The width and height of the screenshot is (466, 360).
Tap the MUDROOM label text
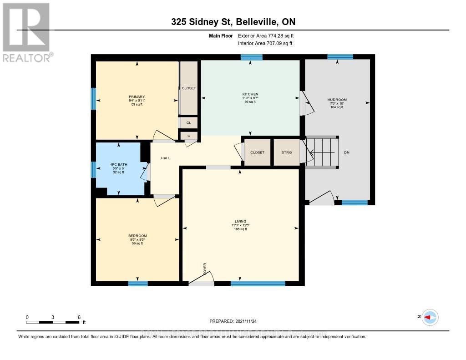click(337, 99)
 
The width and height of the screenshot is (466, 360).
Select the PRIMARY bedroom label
click(137, 96)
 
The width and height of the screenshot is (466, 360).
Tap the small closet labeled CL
click(188, 122)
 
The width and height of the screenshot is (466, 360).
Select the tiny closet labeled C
click(188, 136)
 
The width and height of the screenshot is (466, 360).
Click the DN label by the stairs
click(347, 153)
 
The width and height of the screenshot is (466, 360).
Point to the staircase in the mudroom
click(322, 152)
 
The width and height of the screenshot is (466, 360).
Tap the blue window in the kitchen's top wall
click(251, 57)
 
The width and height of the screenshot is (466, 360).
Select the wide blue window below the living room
click(258, 284)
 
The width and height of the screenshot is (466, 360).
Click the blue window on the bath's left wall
click(93, 170)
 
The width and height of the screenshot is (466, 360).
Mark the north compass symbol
click(430, 317)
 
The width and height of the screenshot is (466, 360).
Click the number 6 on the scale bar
click(79, 317)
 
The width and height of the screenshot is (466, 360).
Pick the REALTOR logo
click(26, 32)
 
